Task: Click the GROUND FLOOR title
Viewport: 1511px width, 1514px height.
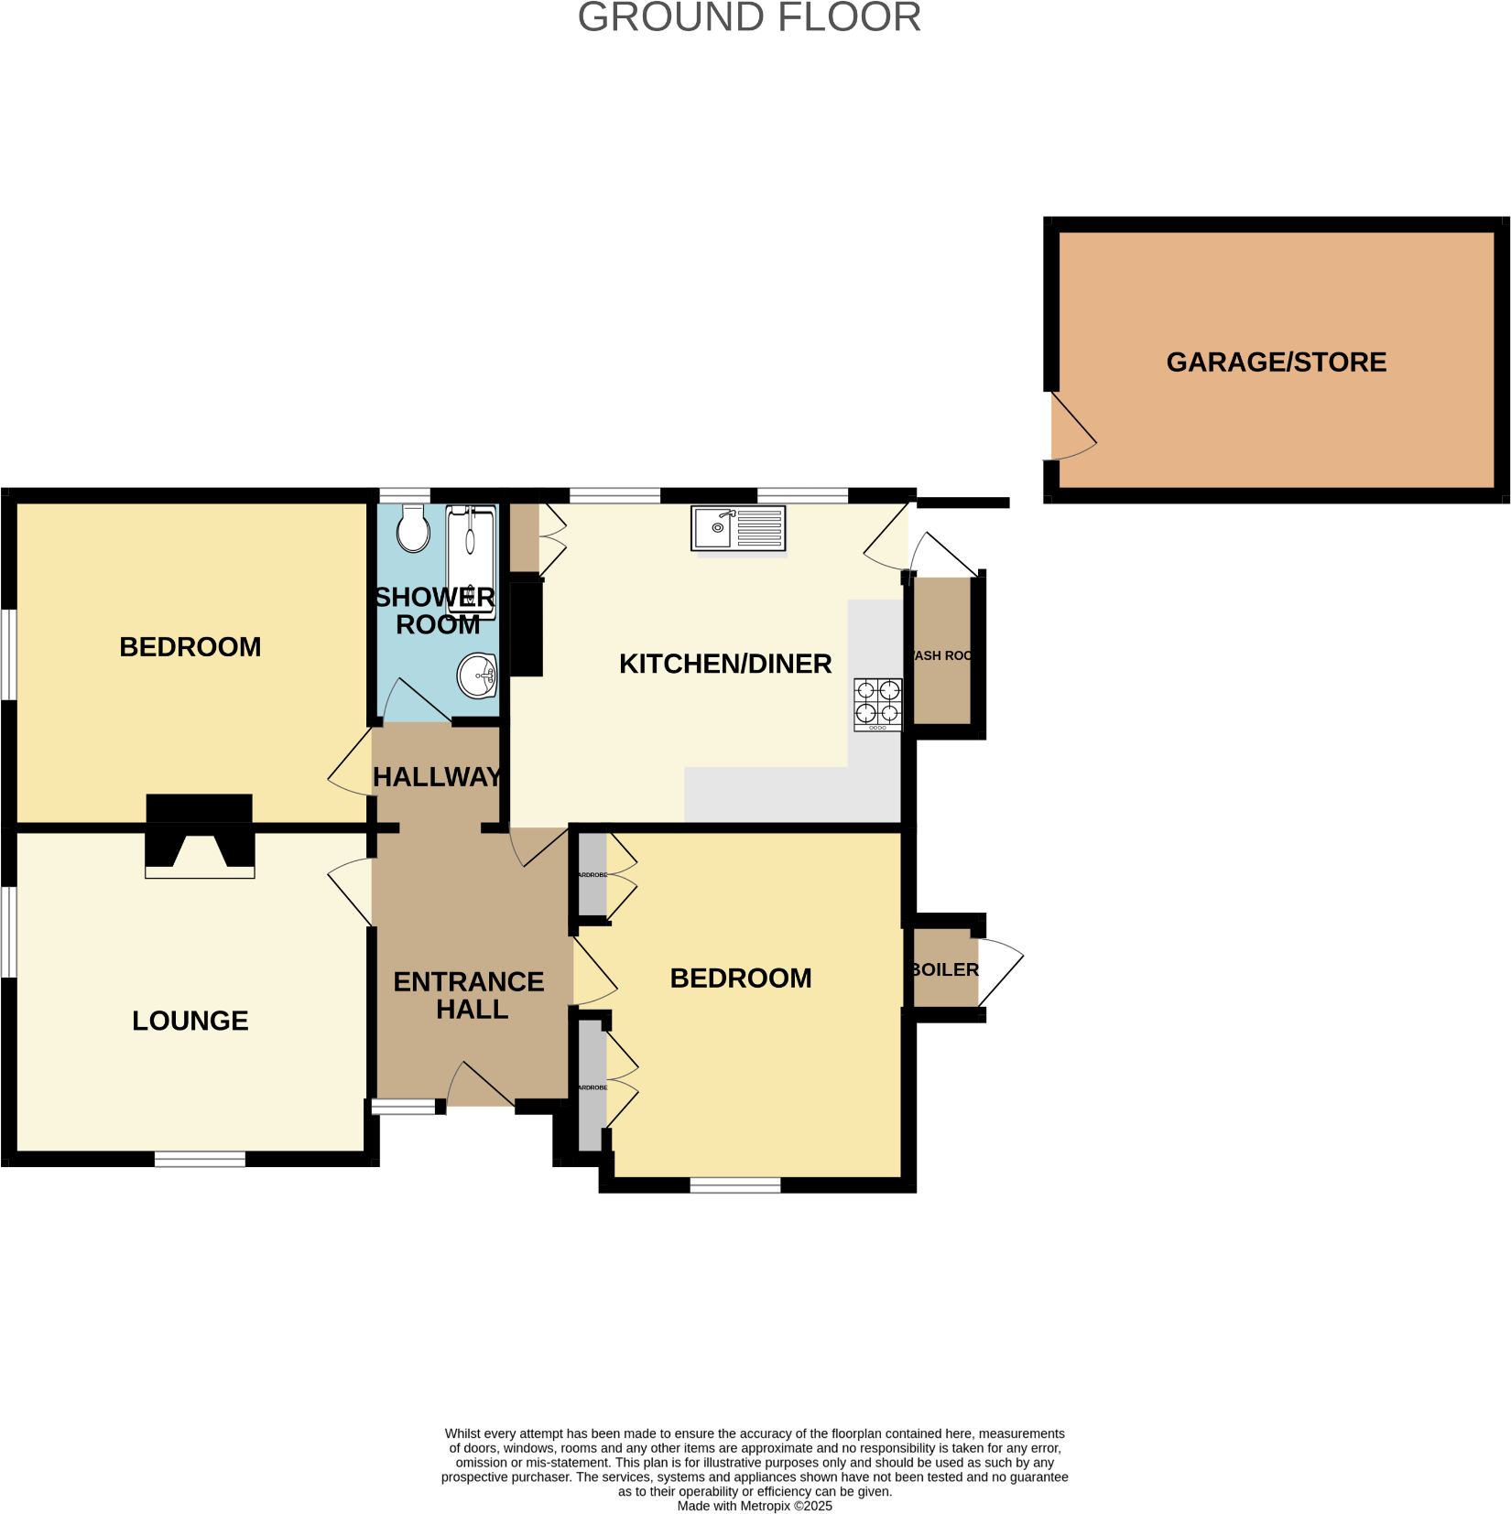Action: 749,18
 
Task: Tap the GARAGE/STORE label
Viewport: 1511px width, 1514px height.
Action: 1276,362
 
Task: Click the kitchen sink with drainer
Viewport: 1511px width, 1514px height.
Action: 738,528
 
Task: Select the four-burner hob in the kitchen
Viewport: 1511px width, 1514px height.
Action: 877,704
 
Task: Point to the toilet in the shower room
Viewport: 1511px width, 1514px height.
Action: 414,528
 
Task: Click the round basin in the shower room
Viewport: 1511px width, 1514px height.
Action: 477,676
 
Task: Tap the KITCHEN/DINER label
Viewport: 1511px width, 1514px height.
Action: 725,664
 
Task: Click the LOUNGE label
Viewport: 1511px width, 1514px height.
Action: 190,1021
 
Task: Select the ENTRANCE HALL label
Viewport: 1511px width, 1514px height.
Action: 470,995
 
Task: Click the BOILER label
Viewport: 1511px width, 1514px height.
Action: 945,969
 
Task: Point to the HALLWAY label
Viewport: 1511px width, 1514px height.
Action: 438,777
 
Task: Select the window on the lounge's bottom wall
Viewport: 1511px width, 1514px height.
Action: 200,1159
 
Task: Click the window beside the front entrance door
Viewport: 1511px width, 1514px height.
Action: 403,1107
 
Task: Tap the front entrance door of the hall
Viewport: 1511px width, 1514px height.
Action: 482,1087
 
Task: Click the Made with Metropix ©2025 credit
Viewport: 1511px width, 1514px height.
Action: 755,1506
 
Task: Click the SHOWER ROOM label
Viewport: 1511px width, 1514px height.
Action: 436,611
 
